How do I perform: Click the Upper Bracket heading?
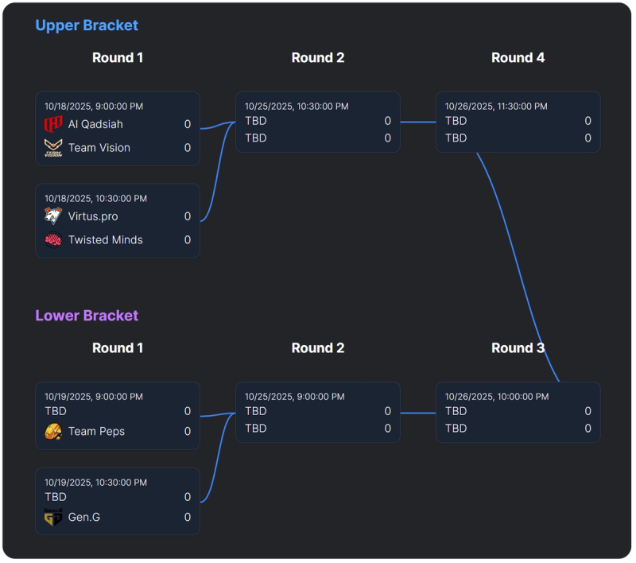(x=87, y=25)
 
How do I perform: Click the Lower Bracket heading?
(x=87, y=316)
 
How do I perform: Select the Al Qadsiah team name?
(x=95, y=124)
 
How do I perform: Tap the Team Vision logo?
(x=53, y=148)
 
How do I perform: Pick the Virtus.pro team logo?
(x=53, y=216)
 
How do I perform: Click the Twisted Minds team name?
(x=105, y=240)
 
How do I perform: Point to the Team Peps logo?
(x=53, y=432)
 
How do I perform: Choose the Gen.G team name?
(x=84, y=518)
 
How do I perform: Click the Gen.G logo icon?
(x=53, y=518)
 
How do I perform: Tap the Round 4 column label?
(x=518, y=58)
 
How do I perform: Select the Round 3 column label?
(x=518, y=348)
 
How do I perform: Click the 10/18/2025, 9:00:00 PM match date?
(x=94, y=107)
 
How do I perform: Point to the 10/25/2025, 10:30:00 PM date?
(x=297, y=107)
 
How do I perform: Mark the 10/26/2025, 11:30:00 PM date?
(x=496, y=107)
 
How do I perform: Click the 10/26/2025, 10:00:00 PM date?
(x=496, y=397)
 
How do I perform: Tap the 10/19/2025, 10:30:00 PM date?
(x=95, y=483)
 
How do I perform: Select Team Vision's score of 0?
(x=188, y=148)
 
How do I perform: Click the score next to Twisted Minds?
(x=188, y=240)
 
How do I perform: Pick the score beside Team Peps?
(x=188, y=432)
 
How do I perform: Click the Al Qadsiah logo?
(x=53, y=125)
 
